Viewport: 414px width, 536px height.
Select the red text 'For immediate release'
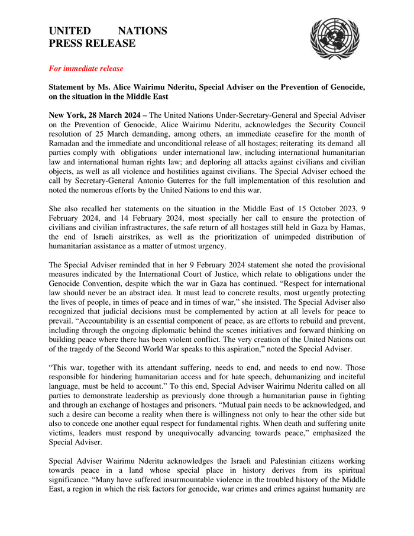86,69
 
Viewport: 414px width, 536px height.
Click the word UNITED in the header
70,31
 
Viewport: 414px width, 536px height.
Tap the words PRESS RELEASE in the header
92,43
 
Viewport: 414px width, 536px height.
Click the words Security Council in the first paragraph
329,123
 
